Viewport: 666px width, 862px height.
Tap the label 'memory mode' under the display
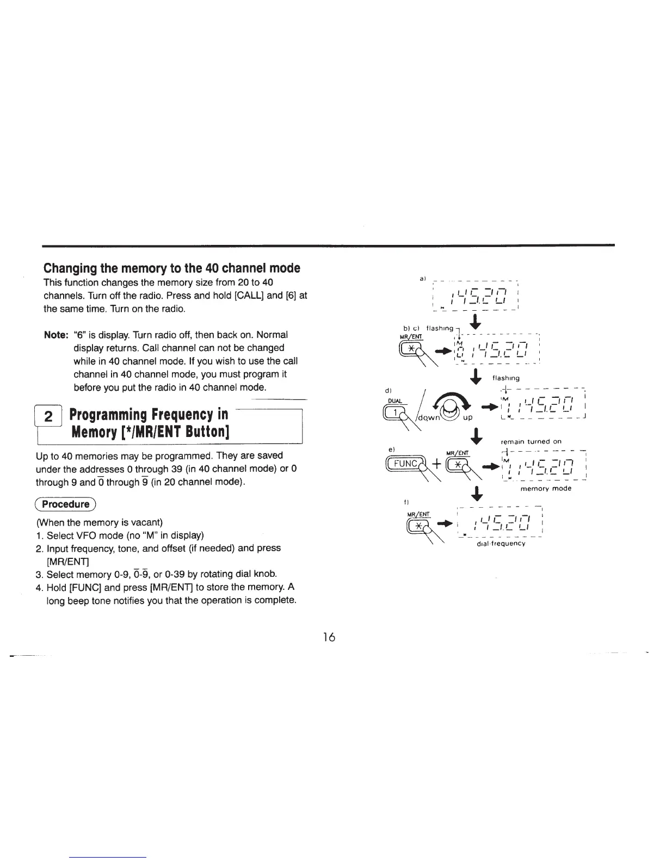pyautogui.click(x=546, y=489)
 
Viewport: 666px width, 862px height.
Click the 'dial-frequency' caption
pyautogui.click(x=500, y=543)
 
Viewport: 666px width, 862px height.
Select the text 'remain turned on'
pyautogui.click(x=531, y=441)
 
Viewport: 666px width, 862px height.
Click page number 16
pyautogui.click(x=328, y=637)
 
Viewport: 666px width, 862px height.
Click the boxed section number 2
pyautogui.click(x=48, y=418)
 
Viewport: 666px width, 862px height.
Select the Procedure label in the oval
pyautogui.click(x=66, y=504)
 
